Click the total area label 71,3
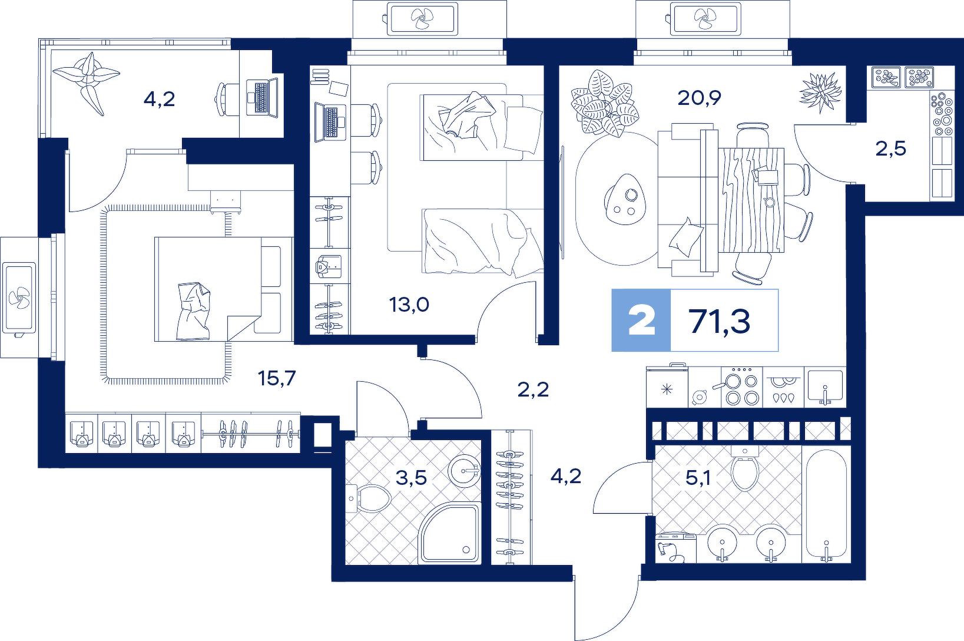(x=720, y=321)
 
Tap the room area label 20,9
(x=700, y=98)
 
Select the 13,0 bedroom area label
(x=409, y=305)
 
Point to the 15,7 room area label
(x=277, y=378)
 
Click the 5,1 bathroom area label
(x=698, y=477)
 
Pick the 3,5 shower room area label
(x=411, y=477)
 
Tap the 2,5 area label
(x=891, y=148)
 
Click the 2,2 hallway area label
(x=533, y=389)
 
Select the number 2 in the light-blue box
(x=642, y=321)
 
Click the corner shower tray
(x=449, y=533)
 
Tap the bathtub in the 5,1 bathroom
(x=826, y=504)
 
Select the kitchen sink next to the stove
(x=824, y=386)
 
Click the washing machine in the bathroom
(x=675, y=547)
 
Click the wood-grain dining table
(x=751, y=200)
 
